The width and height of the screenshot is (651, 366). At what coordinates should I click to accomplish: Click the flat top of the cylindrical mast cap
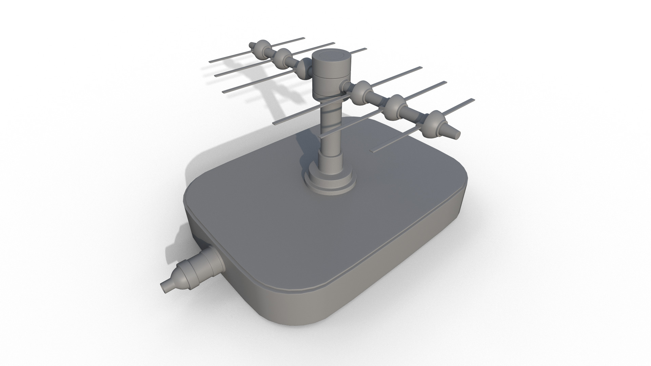(x=331, y=56)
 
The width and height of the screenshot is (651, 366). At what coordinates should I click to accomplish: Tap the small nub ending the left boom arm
(x=252, y=45)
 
